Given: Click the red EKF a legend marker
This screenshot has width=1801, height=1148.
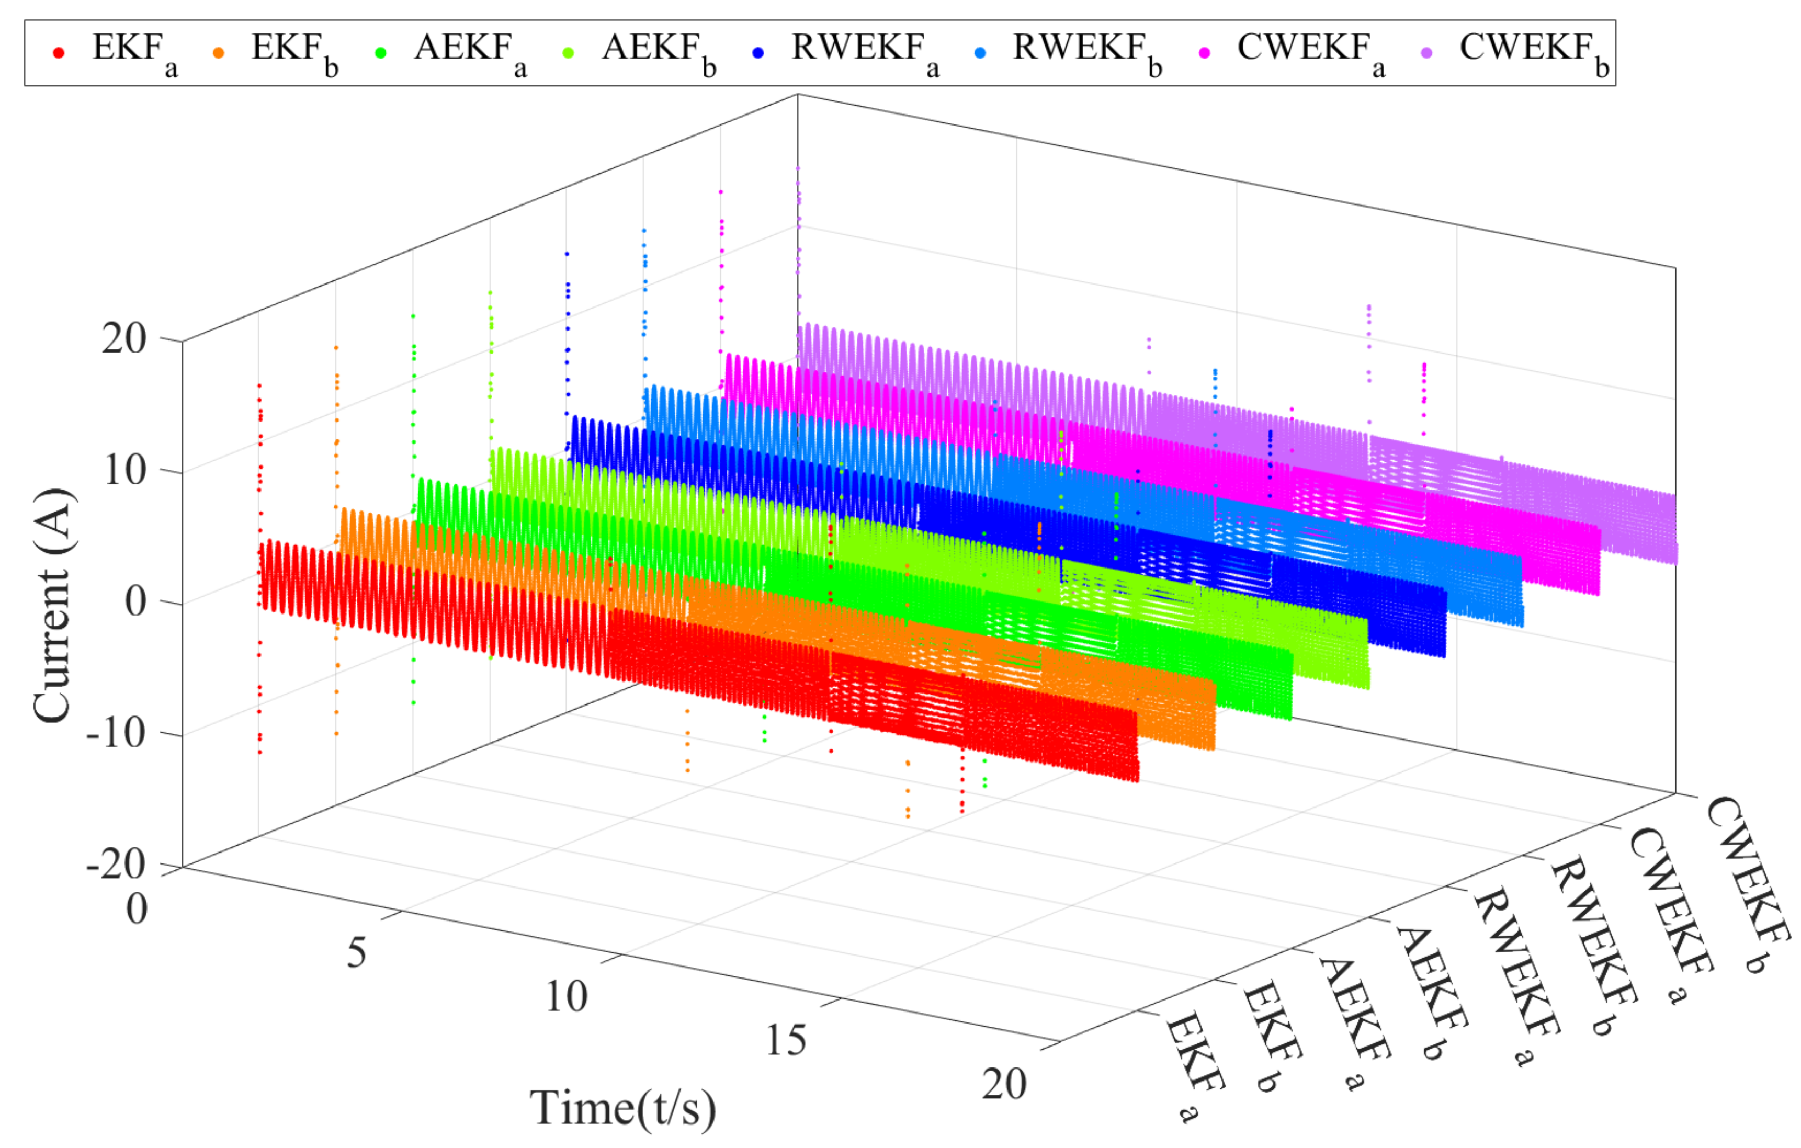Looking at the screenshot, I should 59,52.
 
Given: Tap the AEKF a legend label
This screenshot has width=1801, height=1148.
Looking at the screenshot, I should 470,52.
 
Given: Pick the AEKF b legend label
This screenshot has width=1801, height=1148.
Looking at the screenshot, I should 658,52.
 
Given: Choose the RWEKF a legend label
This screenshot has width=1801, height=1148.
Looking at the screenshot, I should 864,52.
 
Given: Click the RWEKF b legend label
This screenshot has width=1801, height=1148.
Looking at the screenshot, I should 1086,52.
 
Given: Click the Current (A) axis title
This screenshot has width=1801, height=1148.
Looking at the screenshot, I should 54,606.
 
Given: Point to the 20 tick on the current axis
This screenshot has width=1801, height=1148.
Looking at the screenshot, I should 124,339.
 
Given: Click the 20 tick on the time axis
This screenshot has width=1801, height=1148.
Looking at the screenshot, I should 1004,1084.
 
